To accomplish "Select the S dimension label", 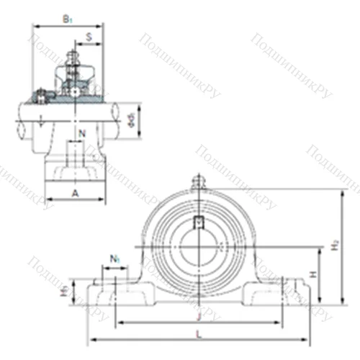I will pos(88,35).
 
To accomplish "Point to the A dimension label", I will pos(76,193).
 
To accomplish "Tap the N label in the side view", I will pos(82,133).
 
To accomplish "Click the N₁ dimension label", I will pos(114,258).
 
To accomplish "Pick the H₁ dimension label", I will pos(63,291).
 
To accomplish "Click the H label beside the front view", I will pos(312,275).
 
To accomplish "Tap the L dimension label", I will pos(199,333).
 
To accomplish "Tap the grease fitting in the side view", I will pos(72,56).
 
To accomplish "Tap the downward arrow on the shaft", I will pos(44,122).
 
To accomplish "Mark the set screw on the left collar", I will pos(42,93).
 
